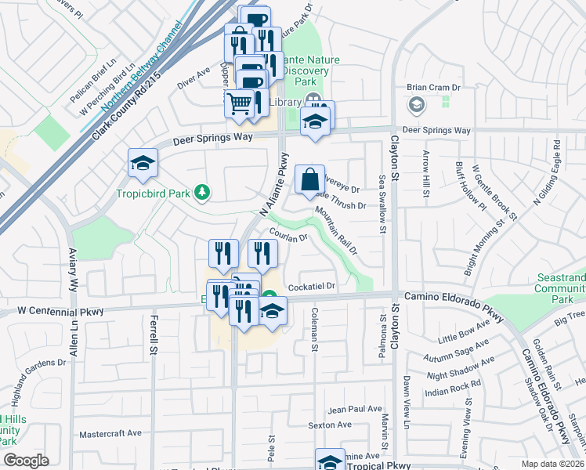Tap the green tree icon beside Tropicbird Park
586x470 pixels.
202,192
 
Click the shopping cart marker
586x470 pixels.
240,103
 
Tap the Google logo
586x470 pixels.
26,461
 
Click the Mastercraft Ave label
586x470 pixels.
110,432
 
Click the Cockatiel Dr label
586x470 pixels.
312,287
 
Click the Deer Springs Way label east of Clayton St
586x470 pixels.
436,130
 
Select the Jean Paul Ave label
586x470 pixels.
354,409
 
